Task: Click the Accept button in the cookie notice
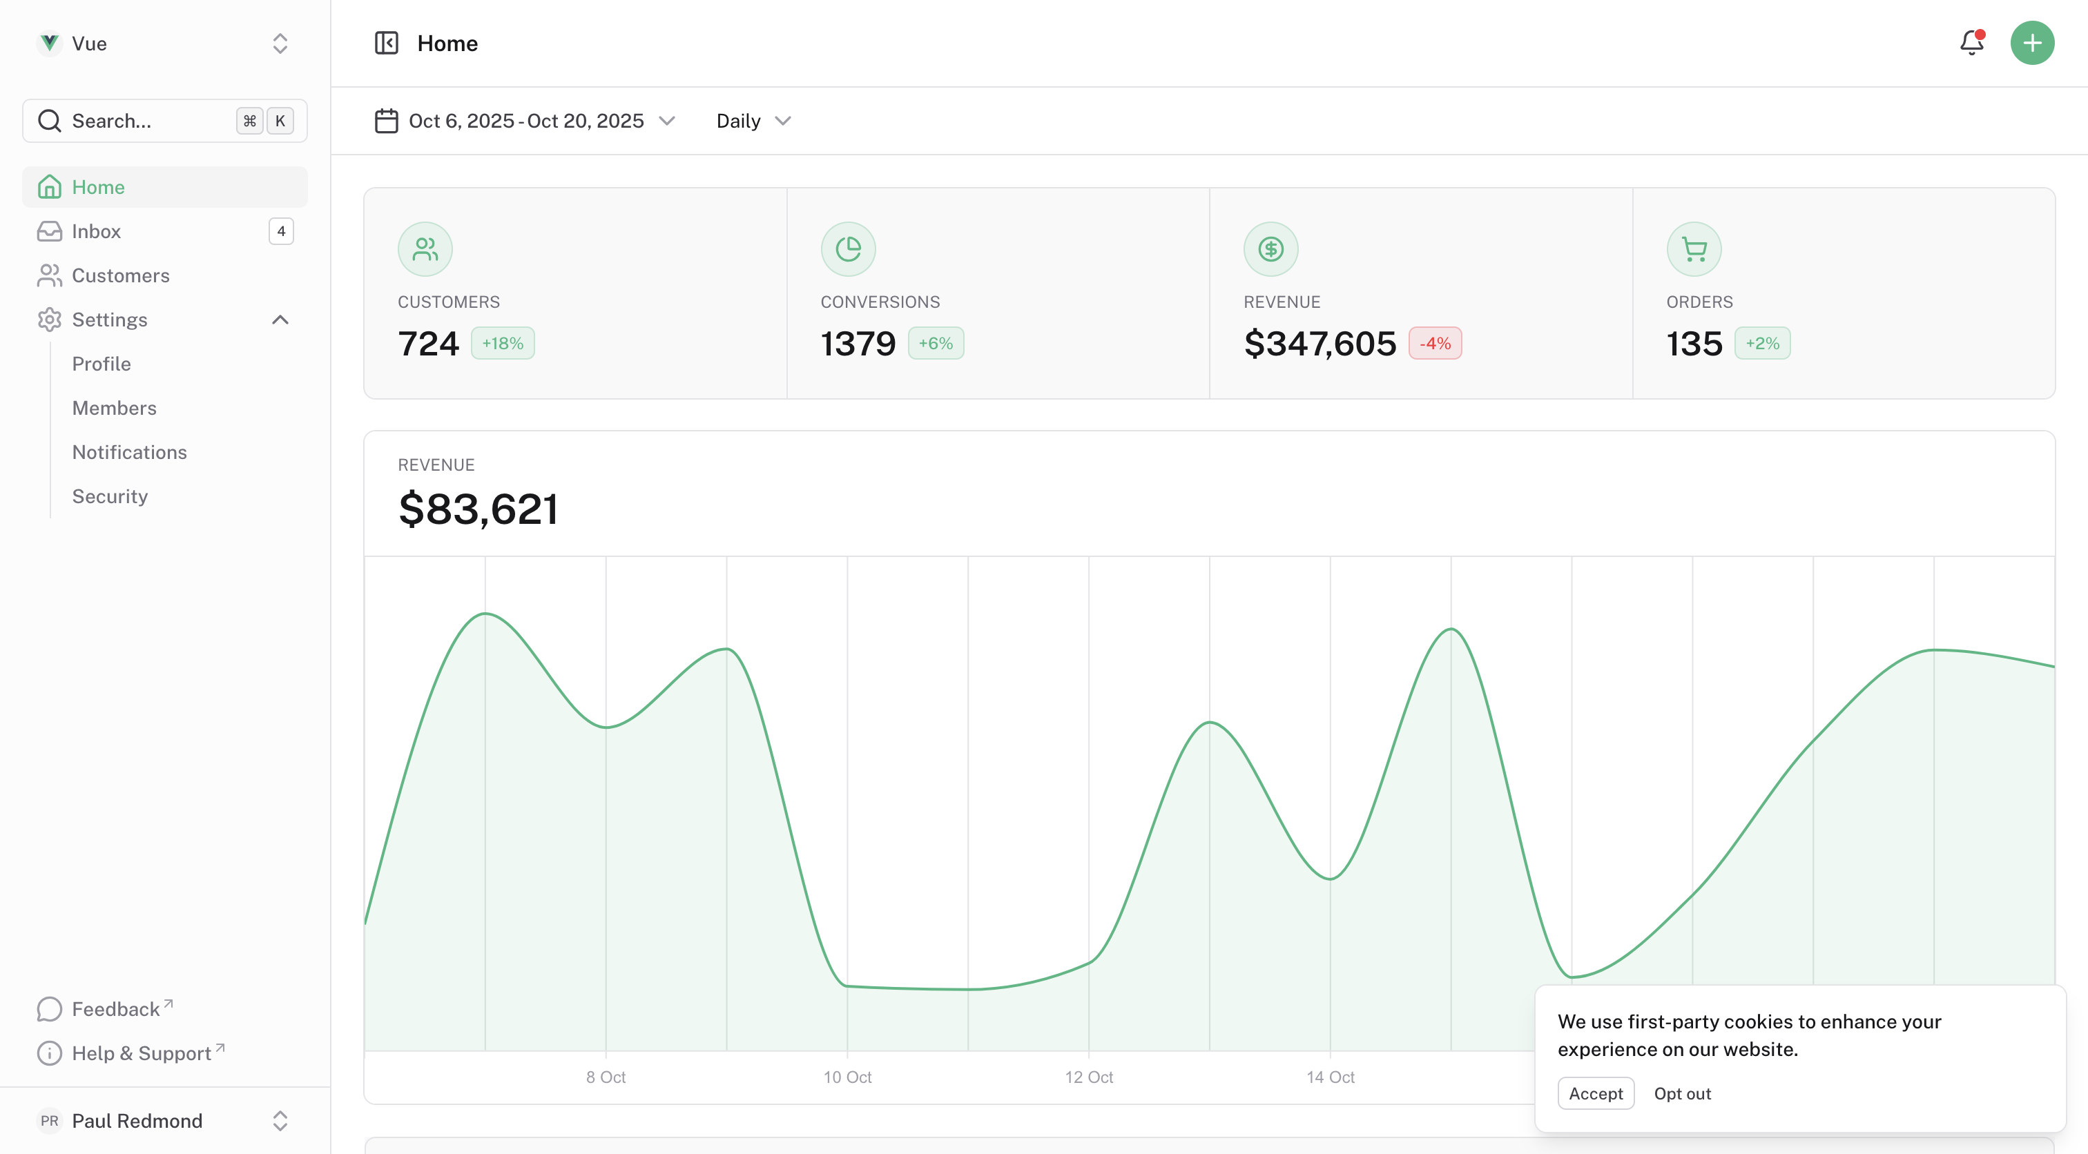(x=1595, y=1093)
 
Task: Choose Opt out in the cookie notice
(x=1682, y=1093)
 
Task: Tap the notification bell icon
(x=1971, y=43)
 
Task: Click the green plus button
(x=2031, y=43)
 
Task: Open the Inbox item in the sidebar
(x=97, y=232)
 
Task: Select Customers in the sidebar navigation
(x=121, y=275)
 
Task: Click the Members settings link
(x=115, y=409)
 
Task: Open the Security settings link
(x=110, y=497)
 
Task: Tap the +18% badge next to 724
(x=503, y=344)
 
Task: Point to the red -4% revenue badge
(x=1435, y=344)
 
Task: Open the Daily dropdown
(x=753, y=121)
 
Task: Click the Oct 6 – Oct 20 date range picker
(x=525, y=121)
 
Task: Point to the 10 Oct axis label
(x=847, y=1077)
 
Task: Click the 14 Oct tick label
(x=1330, y=1077)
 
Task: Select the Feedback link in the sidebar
(x=116, y=1009)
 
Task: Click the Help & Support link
(x=142, y=1053)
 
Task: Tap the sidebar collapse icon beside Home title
(x=387, y=43)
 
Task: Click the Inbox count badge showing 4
(x=281, y=232)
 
